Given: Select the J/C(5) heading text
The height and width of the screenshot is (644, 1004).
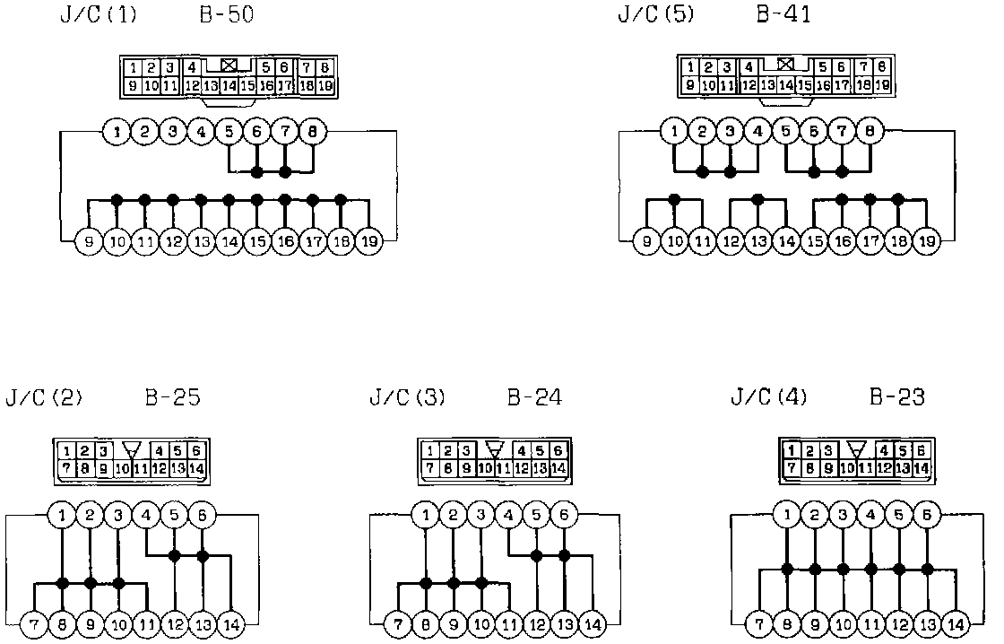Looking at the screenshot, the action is coord(654,16).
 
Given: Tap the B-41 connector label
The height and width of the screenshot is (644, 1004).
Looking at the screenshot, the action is coord(783,16).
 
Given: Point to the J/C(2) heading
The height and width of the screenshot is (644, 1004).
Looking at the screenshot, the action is coord(43,396).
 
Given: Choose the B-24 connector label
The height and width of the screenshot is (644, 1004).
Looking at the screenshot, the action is coord(534,396).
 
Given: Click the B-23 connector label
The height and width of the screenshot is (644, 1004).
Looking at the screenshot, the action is coord(897,396).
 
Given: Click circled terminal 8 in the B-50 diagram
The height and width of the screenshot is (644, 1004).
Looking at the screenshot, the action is coord(312,133).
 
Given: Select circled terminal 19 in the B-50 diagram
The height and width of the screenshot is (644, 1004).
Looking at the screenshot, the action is coord(368,241).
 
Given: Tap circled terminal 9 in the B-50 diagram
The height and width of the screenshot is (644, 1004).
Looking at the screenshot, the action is coord(89,241).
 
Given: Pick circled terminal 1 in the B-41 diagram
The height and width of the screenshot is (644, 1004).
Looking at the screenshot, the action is coord(674,133).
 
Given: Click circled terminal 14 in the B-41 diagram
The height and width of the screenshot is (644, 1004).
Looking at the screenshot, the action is coord(786,241).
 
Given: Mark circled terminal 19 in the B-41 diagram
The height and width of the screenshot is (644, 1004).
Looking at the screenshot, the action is coord(927,241).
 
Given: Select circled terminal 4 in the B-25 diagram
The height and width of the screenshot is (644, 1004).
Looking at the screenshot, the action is coord(146,516).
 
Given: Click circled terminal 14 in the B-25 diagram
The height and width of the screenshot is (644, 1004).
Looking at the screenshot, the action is coord(231,623).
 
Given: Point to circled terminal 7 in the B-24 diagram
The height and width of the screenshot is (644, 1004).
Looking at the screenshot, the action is coord(397,623).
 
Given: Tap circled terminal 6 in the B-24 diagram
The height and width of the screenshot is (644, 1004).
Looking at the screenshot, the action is coord(565,516).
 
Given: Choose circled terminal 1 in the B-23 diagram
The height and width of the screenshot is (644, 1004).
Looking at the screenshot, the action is coord(787,516).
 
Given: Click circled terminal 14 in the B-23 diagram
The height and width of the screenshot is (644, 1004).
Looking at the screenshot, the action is coord(956,623).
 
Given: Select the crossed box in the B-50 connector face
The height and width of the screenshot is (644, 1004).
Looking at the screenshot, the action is coord(229,65).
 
